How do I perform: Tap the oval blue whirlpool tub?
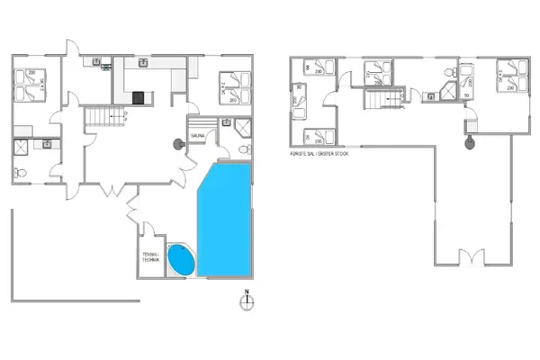click(181, 260)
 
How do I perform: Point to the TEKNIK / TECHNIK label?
click(149, 256)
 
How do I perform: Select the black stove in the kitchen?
click(138, 97)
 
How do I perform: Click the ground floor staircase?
click(101, 116)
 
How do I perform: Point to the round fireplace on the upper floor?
click(468, 141)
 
